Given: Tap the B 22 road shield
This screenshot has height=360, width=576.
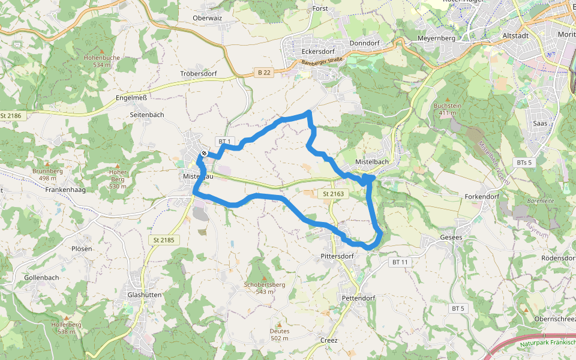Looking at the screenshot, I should (264, 73).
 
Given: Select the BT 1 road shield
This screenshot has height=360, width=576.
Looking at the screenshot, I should (224, 142).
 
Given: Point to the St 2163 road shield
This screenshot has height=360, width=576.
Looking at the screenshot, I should (334, 194).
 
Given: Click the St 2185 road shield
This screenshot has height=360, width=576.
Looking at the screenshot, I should (163, 240).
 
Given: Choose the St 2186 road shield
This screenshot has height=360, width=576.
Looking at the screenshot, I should (11, 116).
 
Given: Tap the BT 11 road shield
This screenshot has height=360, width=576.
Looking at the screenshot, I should (400, 262).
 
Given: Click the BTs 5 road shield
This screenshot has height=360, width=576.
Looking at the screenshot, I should (524, 163).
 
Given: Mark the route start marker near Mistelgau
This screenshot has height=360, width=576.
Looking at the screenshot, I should (205, 154).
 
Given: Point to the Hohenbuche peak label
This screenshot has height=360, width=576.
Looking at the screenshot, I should (102, 58).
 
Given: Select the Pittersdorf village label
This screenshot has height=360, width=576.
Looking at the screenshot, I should (337, 256).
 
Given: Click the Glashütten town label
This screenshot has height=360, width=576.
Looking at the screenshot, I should (142, 295).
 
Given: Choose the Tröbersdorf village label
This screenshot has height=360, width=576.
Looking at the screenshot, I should (198, 73).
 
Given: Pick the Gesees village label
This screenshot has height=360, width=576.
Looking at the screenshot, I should (451, 238).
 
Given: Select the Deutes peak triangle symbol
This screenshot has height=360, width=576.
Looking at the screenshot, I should (278, 324).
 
